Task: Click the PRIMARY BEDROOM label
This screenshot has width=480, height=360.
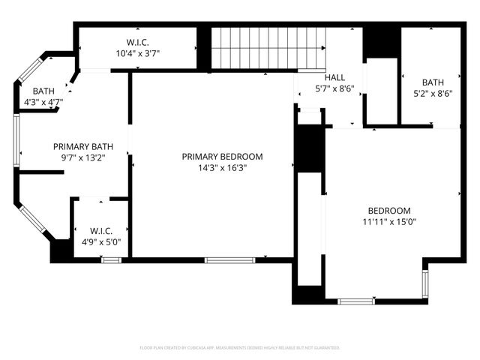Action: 223,157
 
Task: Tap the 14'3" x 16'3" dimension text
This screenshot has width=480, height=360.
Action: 223,168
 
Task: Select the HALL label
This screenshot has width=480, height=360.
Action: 334,77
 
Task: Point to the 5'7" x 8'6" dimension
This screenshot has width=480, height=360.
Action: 334,88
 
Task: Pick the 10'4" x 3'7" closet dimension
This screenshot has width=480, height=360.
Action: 137,53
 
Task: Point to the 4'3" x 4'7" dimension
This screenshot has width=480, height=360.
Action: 43,101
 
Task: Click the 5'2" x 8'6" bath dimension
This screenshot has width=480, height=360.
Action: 433,94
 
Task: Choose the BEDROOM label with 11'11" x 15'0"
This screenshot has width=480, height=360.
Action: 389,210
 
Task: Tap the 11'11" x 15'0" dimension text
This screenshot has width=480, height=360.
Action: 389,221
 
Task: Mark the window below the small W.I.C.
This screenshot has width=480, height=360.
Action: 111,260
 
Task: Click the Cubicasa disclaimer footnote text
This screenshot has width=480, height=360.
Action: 240,348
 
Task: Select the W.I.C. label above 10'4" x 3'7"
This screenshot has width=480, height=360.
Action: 137,42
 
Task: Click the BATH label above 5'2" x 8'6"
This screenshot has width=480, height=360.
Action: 433,82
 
